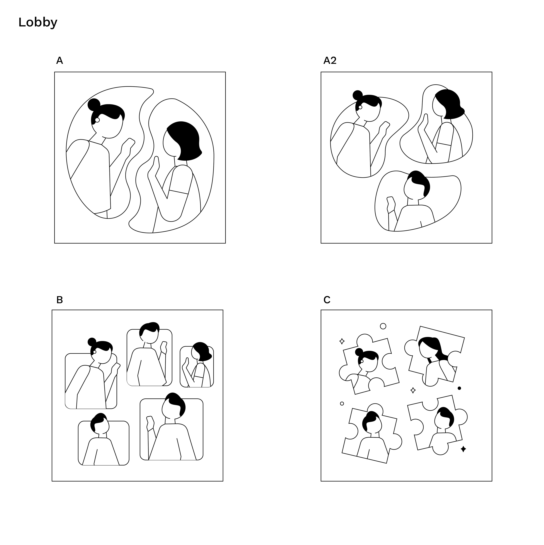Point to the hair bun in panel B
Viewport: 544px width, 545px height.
pyautogui.click(x=92, y=342)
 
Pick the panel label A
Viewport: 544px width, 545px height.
pyautogui.click(x=59, y=60)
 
